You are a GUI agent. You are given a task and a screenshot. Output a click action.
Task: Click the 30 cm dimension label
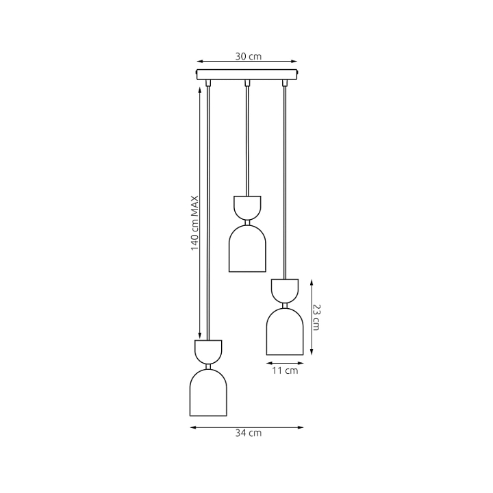coord(249,57)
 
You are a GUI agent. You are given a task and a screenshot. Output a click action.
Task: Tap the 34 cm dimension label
coord(249,433)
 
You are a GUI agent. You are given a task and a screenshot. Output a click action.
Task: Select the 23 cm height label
coord(316,317)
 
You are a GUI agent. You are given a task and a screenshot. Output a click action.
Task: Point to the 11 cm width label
coord(285,370)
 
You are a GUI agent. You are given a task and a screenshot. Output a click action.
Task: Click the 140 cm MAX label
coord(195,223)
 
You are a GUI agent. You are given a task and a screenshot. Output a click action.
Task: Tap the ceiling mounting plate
coord(246,75)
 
